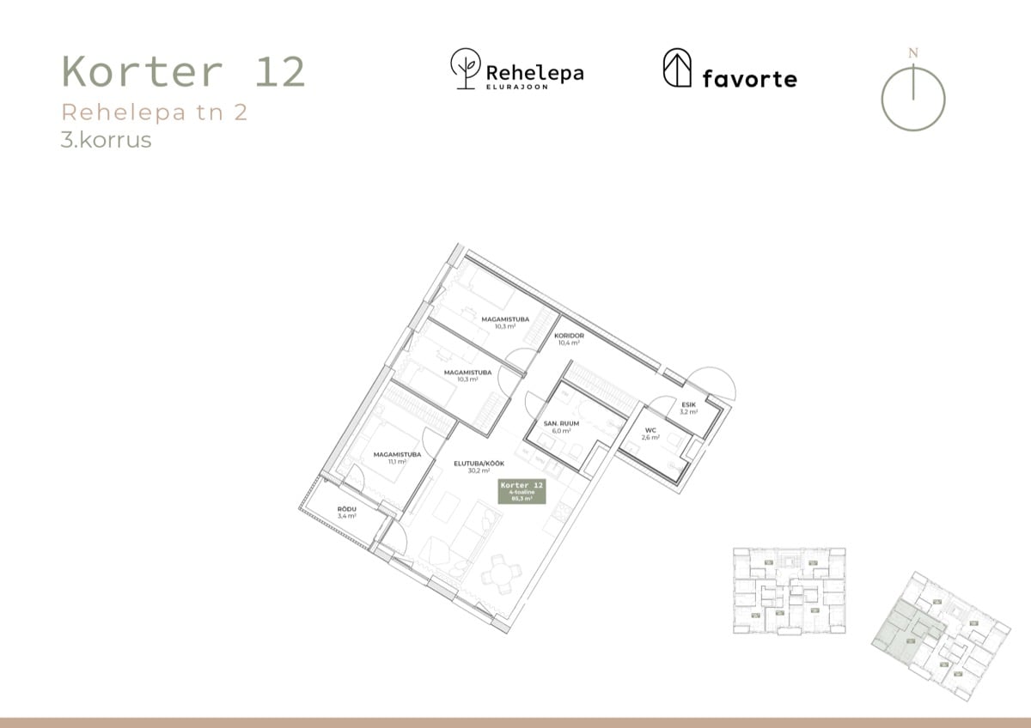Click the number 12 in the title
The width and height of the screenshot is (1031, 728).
point(280,72)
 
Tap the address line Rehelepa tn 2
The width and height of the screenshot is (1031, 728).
point(155,112)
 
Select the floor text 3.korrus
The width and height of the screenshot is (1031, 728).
point(106,140)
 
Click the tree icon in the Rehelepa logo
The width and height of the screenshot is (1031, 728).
point(466,69)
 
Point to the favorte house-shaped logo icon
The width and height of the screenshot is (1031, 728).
point(677,68)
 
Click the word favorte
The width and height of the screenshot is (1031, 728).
point(749,79)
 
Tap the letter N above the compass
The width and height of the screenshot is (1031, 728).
point(912,53)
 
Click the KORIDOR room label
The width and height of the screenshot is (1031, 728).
point(569,336)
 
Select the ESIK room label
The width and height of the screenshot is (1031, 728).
point(688,404)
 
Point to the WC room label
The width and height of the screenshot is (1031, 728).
point(650,429)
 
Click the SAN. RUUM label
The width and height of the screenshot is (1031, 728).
point(562,424)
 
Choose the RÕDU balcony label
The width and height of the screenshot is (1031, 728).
point(347,509)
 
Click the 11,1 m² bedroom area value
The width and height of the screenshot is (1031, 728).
point(395,461)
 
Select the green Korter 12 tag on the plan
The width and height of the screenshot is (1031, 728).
point(522,490)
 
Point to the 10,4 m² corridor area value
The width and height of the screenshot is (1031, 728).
point(569,343)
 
